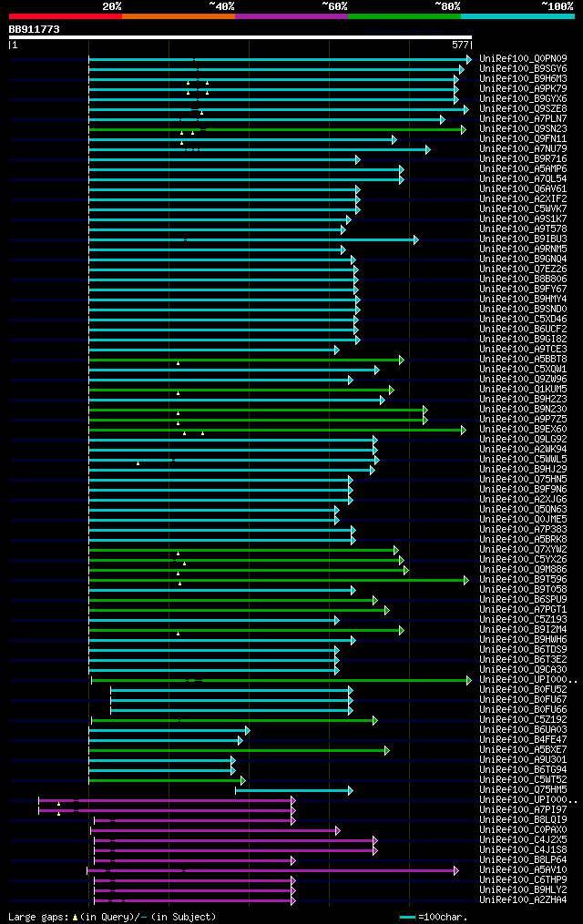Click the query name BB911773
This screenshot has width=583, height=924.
(35, 29)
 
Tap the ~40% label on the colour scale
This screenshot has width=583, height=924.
(221, 5)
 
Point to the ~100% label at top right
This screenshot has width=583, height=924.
(557, 5)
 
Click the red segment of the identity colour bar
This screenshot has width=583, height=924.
(65, 15)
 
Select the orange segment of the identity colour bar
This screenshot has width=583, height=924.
(178, 15)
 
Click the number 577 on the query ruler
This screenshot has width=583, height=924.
(460, 44)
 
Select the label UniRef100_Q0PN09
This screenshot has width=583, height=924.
(523, 59)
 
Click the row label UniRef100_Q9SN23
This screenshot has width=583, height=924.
(523, 129)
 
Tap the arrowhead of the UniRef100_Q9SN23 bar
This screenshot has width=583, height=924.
(463, 129)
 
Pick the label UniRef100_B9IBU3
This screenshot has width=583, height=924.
(523, 239)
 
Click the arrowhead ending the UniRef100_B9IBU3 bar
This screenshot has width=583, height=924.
(415, 239)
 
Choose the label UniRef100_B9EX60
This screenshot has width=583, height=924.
(523, 430)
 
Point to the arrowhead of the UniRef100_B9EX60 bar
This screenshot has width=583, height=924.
(463, 430)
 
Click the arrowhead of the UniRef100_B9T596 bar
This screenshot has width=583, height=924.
(465, 580)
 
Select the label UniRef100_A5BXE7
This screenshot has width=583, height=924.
(523, 750)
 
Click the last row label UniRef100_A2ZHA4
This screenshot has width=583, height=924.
(523, 900)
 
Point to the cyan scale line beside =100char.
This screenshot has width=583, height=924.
(407, 917)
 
